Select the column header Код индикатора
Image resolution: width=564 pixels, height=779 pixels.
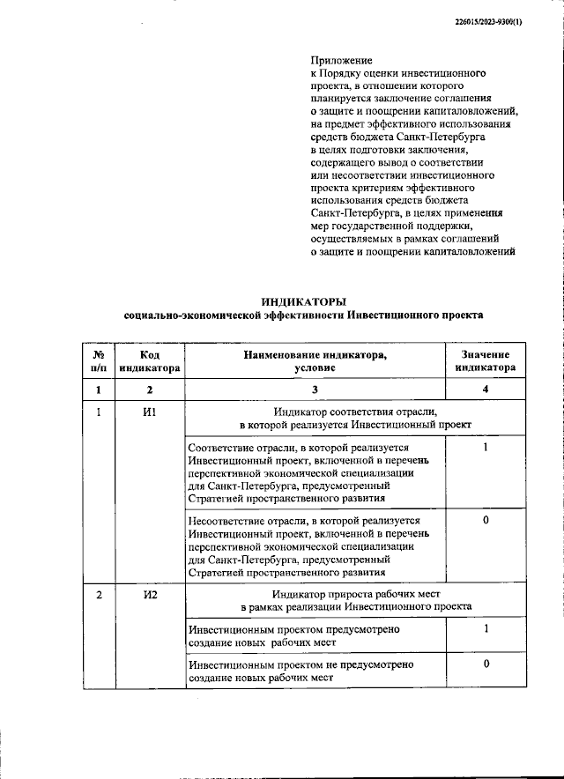(x=150, y=361)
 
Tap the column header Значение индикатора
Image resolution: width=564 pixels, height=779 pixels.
(x=486, y=361)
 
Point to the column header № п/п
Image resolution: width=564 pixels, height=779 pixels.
(x=99, y=361)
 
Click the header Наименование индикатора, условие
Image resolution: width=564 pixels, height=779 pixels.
(x=315, y=361)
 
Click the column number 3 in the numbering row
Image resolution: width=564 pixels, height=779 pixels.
(x=315, y=389)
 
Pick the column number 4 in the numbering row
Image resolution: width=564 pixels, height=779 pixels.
(x=486, y=389)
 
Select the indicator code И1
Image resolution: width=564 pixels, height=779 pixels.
(x=150, y=412)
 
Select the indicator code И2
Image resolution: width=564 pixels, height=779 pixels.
(x=150, y=595)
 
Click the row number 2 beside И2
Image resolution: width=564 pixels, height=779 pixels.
(x=99, y=595)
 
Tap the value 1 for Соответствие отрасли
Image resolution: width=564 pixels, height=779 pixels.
(x=486, y=448)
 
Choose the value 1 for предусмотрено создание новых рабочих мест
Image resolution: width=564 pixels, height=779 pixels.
(x=486, y=629)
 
